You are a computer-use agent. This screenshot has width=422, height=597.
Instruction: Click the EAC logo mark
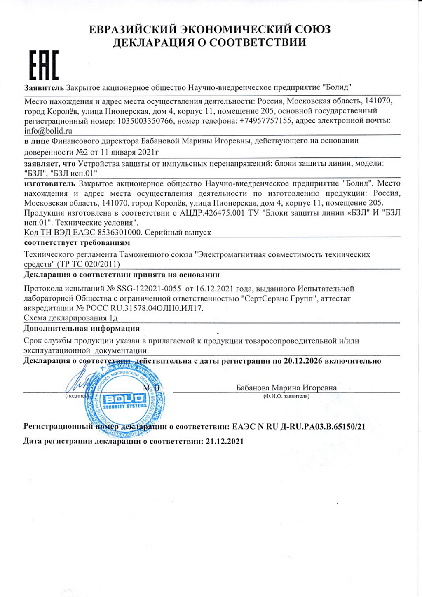click(44, 65)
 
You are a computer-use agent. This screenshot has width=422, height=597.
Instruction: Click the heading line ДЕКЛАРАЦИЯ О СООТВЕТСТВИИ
click(210, 42)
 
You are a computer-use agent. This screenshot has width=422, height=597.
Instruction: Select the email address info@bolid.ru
click(48, 131)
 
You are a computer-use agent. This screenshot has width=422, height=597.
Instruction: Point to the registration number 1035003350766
click(145, 121)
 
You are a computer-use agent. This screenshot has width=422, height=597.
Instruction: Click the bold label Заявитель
click(44, 87)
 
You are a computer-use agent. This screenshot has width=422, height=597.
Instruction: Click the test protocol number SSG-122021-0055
click(149, 289)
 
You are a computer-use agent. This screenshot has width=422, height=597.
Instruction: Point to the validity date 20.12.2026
click(303, 361)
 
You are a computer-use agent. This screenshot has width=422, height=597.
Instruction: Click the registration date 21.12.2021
click(225, 442)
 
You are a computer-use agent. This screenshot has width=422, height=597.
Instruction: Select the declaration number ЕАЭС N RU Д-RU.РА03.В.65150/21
click(299, 427)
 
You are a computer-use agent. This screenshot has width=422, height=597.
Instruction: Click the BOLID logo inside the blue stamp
click(124, 399)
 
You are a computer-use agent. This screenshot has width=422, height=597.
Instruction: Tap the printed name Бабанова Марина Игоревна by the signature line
click(286, 388)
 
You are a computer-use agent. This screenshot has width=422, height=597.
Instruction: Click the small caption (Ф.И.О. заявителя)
click(286, 396)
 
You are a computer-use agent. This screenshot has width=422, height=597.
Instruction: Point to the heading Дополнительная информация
click(82, 329)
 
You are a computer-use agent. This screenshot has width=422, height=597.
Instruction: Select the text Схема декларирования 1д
click(71, 318)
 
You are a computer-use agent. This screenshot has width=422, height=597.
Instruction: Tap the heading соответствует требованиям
click(77, 242)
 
